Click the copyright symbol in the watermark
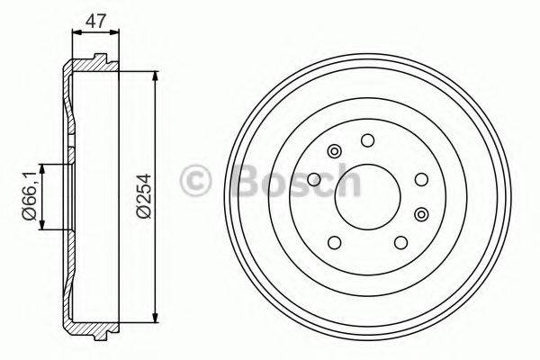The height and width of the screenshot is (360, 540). [195, 181]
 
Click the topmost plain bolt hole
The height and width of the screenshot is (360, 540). [366, 140]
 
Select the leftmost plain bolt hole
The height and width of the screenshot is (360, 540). [314, 181]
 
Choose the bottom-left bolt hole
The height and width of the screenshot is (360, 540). [335, 241]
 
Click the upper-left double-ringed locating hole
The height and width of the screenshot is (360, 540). [335, 150]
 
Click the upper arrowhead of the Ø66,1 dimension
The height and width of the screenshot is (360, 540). [41, 166]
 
